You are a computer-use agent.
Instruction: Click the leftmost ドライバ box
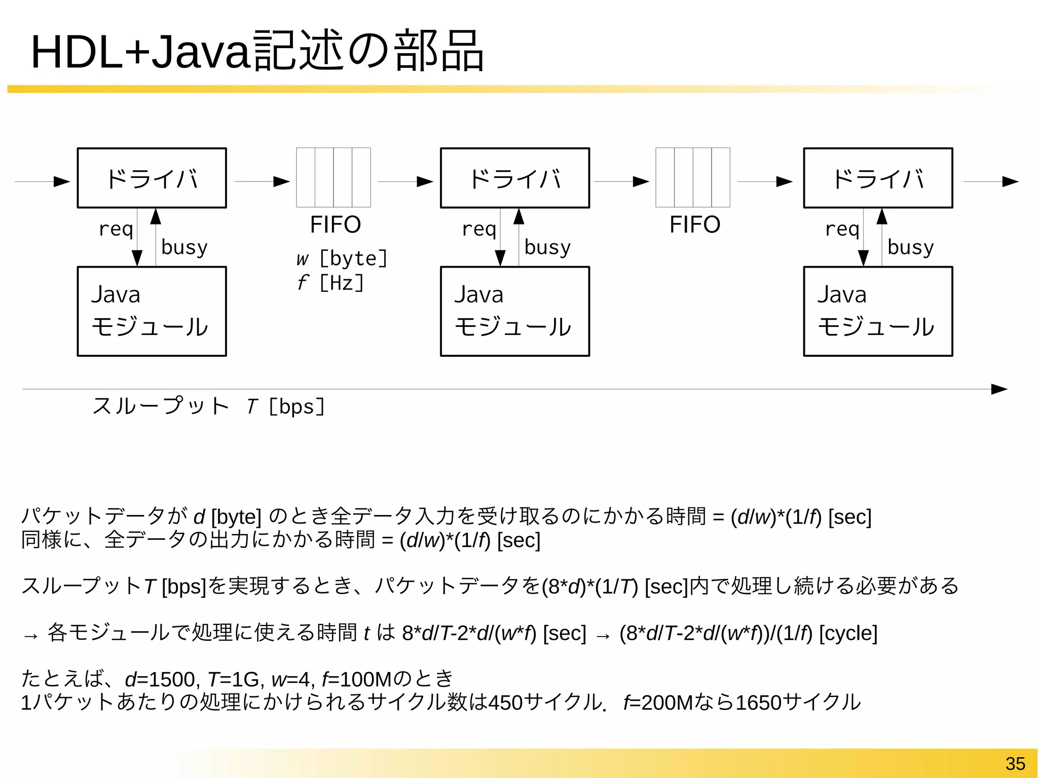(152, 178)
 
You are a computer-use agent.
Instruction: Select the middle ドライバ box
(514, 178)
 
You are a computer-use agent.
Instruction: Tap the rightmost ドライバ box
(878, 178)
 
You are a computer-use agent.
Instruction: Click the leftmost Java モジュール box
(152, 311)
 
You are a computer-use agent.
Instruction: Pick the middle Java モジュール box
(514, 311)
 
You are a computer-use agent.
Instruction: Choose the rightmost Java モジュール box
(878, 311)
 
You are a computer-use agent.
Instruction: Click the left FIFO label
(335, 225)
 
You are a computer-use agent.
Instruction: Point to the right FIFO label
(694, 225)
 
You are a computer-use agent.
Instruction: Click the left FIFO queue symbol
(333, 177)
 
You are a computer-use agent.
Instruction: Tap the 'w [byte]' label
(342, 258)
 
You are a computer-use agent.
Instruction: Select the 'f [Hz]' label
(330, 283)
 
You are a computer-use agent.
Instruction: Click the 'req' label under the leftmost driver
(116, 229)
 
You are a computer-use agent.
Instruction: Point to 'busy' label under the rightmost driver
(910, 247)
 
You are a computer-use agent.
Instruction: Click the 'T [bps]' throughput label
(286, 406)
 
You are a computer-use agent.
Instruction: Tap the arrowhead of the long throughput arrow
(999, 389)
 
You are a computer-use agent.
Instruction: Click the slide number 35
(1015, 763)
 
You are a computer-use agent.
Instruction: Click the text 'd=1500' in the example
(159, 679)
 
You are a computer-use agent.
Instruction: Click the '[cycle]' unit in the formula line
(848, 633)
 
